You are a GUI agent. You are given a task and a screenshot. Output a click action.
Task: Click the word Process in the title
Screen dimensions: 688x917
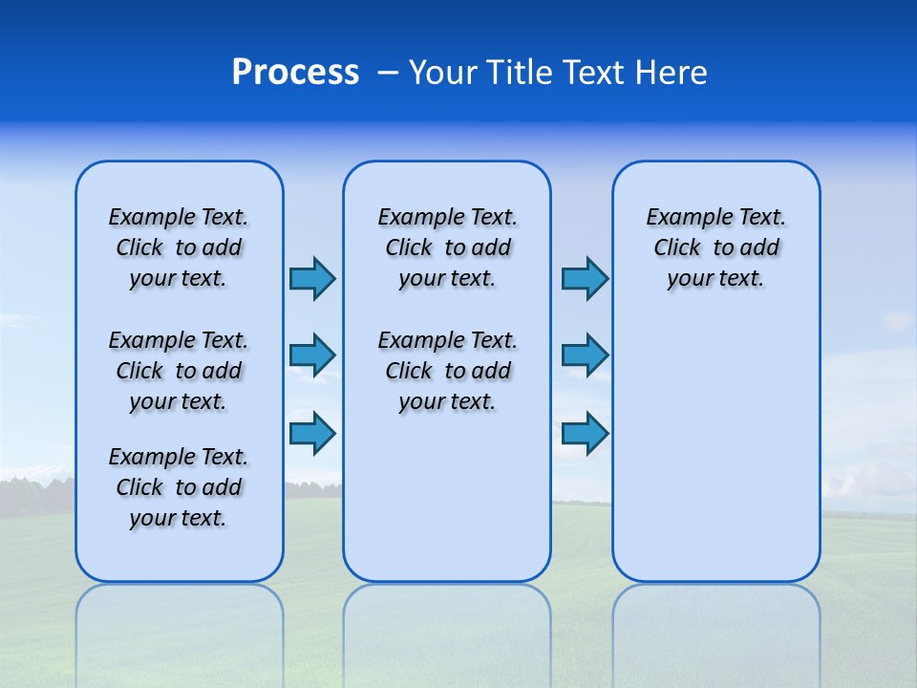(295, 73)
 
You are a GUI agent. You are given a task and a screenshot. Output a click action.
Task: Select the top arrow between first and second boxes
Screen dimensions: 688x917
(312, 279)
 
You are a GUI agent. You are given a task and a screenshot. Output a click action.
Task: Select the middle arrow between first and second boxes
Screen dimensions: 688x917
(312, 355)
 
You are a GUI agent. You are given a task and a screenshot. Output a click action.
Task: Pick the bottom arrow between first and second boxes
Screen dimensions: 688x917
(312, 433)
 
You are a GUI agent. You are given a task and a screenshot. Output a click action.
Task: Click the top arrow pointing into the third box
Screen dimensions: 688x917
(585, 279)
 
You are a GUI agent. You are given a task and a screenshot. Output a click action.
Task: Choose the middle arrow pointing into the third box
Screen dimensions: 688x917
(585, 355)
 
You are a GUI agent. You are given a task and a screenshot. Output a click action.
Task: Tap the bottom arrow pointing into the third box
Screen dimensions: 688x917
(585, 433)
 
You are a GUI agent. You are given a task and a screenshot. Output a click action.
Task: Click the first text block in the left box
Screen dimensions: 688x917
(179, 247)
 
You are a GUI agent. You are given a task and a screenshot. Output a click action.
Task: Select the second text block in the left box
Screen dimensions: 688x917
(179, 371)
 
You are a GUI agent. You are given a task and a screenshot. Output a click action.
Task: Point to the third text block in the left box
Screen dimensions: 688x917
(179, 487)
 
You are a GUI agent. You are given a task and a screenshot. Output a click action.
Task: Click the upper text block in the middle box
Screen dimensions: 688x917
(447, 247)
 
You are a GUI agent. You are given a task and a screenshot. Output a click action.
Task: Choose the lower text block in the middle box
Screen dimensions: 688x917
(447, 371)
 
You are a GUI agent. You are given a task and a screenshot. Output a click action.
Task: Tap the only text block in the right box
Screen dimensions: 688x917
(716, 247)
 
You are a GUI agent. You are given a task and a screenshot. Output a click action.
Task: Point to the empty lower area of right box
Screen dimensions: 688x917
(716, 449)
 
